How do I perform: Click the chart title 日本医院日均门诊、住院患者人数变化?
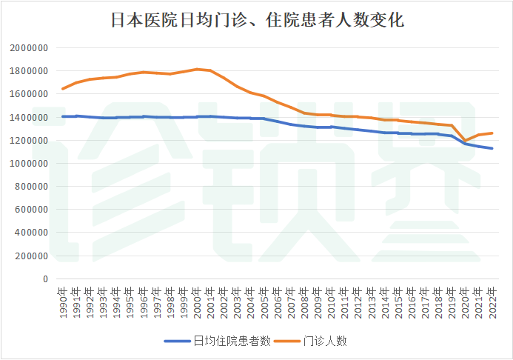click(x=256, y=20)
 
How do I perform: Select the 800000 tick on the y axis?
click(x=32, y=186)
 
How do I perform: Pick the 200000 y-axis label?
click(x=32, y=256)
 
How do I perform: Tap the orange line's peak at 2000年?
click(x=197, y=69)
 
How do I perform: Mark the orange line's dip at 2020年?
click(x=466, y=140)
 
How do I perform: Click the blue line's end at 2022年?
click(x=492, y=148)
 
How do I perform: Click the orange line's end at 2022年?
click(x=492, y=133)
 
